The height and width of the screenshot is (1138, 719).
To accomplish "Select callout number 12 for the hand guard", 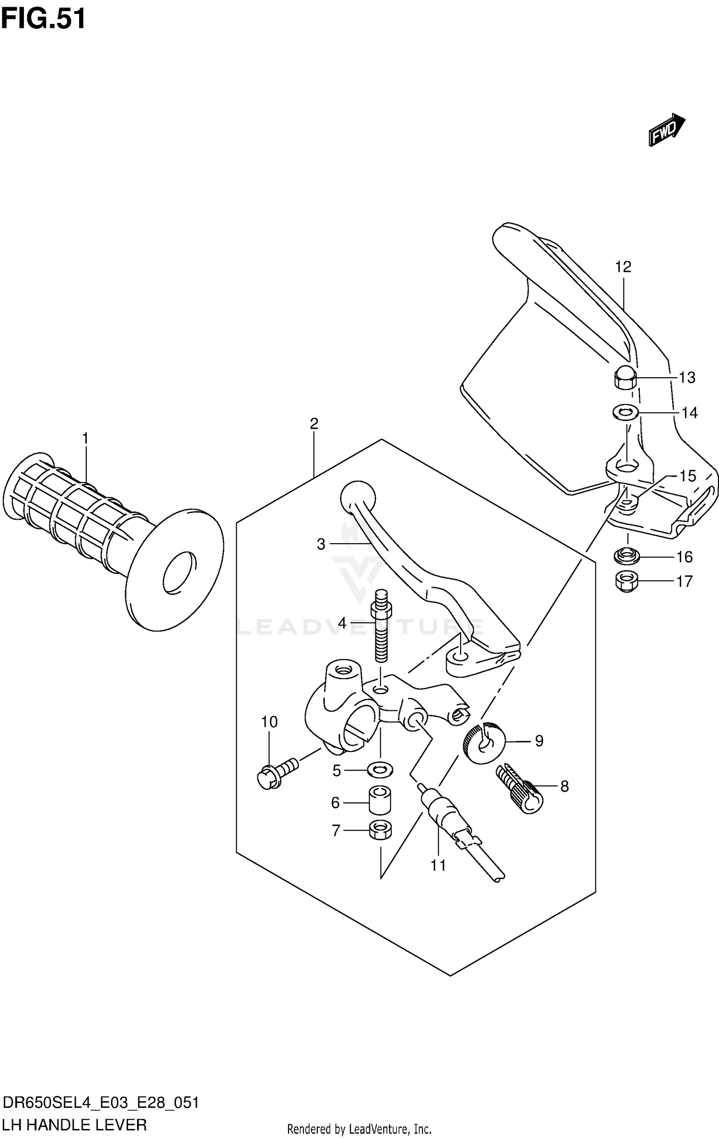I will point(623,267).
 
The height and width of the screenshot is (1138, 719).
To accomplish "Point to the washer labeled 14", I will point(625,411).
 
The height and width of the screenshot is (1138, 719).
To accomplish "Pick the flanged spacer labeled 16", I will point(626,557).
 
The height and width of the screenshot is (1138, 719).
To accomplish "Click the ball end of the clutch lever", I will point(357,498).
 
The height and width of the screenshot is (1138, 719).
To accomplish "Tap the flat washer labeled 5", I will point(380,770).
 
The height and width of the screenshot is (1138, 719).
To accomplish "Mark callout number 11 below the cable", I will point(438,865).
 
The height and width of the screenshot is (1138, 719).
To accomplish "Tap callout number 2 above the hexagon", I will point(314,424).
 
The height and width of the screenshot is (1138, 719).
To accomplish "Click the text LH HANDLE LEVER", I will point(75,1124).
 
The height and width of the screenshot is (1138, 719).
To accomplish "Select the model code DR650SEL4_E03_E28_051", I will point(101,1103).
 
